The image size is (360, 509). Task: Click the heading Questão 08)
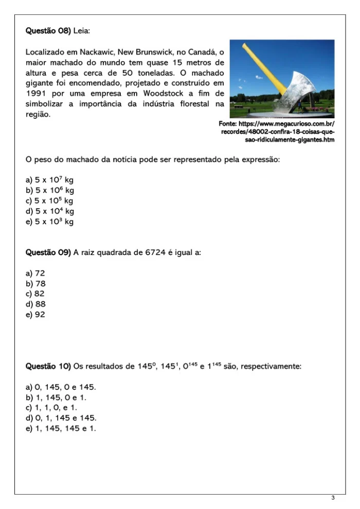pos(48,31)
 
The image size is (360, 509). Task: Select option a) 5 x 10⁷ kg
pos(50,180)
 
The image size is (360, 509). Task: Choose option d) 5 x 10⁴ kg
pos(50,211)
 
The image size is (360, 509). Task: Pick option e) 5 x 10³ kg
pos(50,222)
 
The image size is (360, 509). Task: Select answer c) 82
pos(35,294)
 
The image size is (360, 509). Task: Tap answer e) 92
pos(35,314)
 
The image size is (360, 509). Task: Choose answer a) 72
pos(35,273)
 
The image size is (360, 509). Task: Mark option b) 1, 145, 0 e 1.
pos(56,397)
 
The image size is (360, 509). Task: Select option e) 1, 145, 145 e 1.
pos(61,428)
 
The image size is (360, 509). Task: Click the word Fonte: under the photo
pos(228,124)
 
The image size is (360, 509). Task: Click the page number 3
pos(333,498)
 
